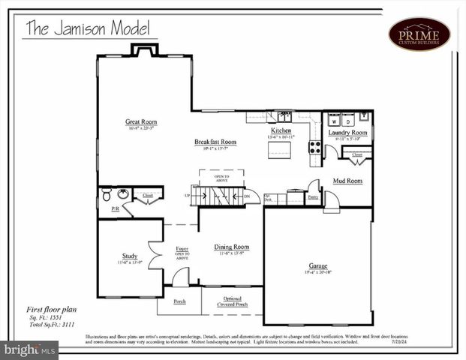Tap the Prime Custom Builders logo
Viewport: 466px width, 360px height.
pyautogui.click(x=419, y=34)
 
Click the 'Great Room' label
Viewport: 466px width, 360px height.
pyautogui.click(x=141, y=121)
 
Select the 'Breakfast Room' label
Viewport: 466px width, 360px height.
pyautogui.click(x=215, y=142)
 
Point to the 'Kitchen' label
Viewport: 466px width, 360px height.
pyautogui.click(x=281, y=130)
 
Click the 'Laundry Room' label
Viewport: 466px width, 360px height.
pyautogui.click(x=347, y=133)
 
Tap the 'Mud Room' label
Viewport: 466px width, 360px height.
pyautogui.click(x=348, y=181)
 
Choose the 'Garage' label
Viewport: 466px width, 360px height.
pyautogui.click(x=318, y=265)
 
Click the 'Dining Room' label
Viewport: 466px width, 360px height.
pyautogui.click(x=231, y=247)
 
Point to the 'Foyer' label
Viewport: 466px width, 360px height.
pyautogui.click(x=182, y=248)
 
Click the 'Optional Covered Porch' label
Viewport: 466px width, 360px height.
pyautogui.click(x=232, y=301)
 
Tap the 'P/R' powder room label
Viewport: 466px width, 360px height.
pyautogui.click(x=115, y=208)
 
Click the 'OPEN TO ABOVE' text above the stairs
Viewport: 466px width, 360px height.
pyautogui.click(x=221, y=178)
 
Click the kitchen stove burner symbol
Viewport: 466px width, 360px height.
pyautogui.click(x=315, y=147)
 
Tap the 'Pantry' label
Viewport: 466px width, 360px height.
pyautogui.click(x=313, y=196)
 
